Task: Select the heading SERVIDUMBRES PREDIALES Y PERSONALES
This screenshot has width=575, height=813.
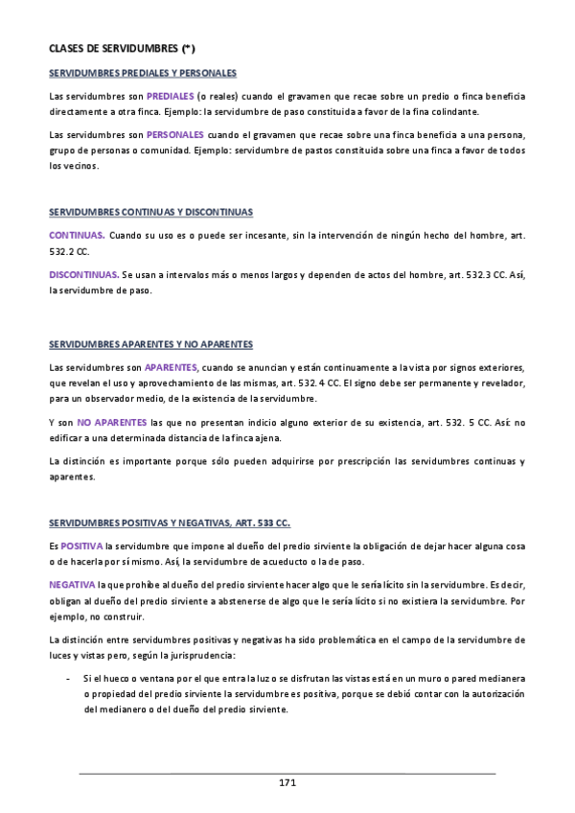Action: [x=143, y=73]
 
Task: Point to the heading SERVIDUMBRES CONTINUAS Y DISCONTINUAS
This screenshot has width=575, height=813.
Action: [x=150, y=211]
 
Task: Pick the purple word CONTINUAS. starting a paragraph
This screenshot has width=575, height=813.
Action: [x=77, y=235]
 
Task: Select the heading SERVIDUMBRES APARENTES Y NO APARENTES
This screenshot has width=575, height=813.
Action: [x=150, y=344]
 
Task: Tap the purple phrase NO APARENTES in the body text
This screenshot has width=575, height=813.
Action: [x=112, y=422]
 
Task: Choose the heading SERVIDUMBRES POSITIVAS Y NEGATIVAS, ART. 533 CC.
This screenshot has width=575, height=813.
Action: [x=169, y=523]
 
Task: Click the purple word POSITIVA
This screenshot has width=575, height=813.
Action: [x=81, y=546]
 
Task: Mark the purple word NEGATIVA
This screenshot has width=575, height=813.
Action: [x=72, y=584]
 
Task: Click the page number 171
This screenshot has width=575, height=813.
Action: [x=287, y=783]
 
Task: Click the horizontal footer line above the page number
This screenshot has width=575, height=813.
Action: [x=287, y=772]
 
